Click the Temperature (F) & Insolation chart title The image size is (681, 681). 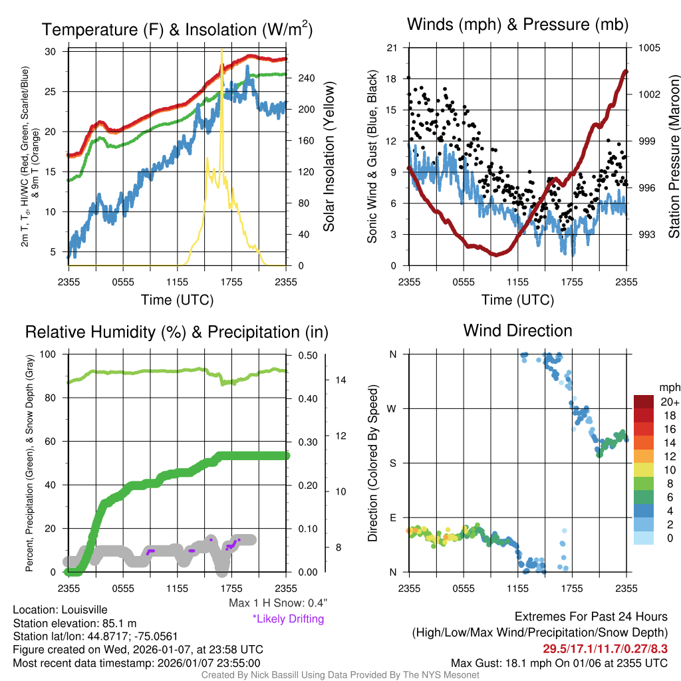(177, 29)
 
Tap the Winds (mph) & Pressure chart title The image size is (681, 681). (517, 25)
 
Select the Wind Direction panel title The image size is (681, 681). (517, 331)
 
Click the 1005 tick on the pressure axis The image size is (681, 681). (648, 48)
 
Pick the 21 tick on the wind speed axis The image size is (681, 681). (392, 48)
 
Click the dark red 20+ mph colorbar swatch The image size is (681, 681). (645, 402)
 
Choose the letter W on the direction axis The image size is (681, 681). (392, 408)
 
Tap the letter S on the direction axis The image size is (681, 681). (392, 463)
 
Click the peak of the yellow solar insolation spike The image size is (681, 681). (221, 51)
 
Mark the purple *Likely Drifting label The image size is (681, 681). (288, 618)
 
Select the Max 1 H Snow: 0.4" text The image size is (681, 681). (277, 603)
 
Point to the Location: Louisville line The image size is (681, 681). (60, 610)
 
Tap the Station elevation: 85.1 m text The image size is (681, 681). (74, 623)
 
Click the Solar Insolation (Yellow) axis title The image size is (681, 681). (329, 157)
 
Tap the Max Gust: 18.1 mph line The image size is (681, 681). (559, 662)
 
